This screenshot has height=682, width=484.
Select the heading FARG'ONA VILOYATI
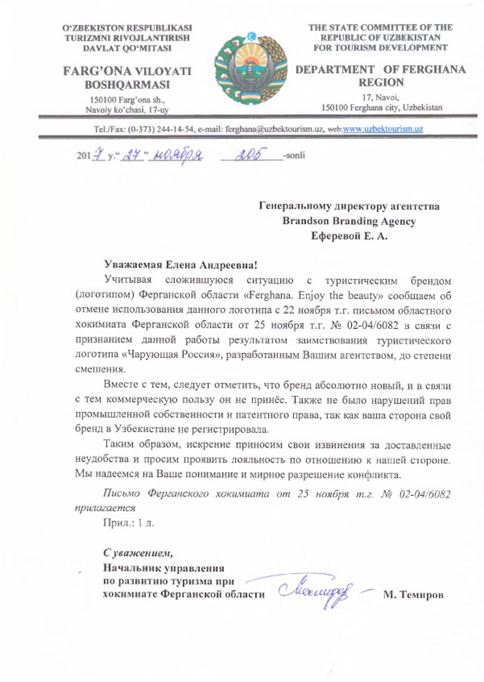(x=127, y=71)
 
